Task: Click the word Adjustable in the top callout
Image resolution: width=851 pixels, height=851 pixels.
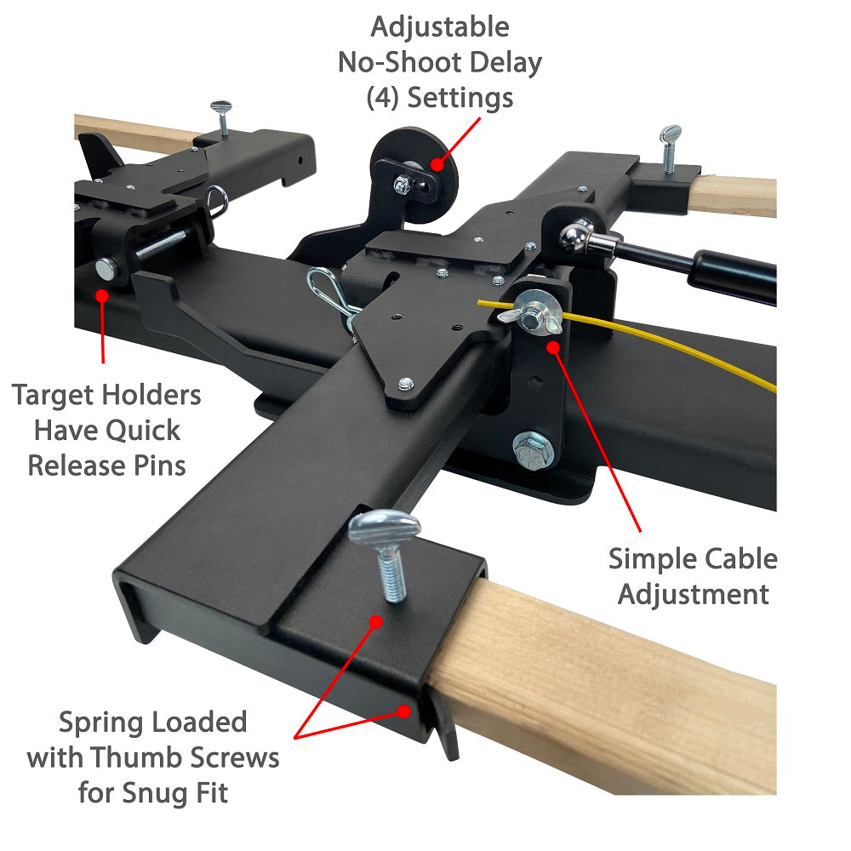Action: (439, 26)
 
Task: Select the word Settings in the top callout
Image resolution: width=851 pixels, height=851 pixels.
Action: (460, 97)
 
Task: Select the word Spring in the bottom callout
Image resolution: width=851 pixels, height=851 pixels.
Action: (103, 722)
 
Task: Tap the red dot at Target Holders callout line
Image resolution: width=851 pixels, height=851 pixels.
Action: (102, 296)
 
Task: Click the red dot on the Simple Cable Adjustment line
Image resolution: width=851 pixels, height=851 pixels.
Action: (553, 347)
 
